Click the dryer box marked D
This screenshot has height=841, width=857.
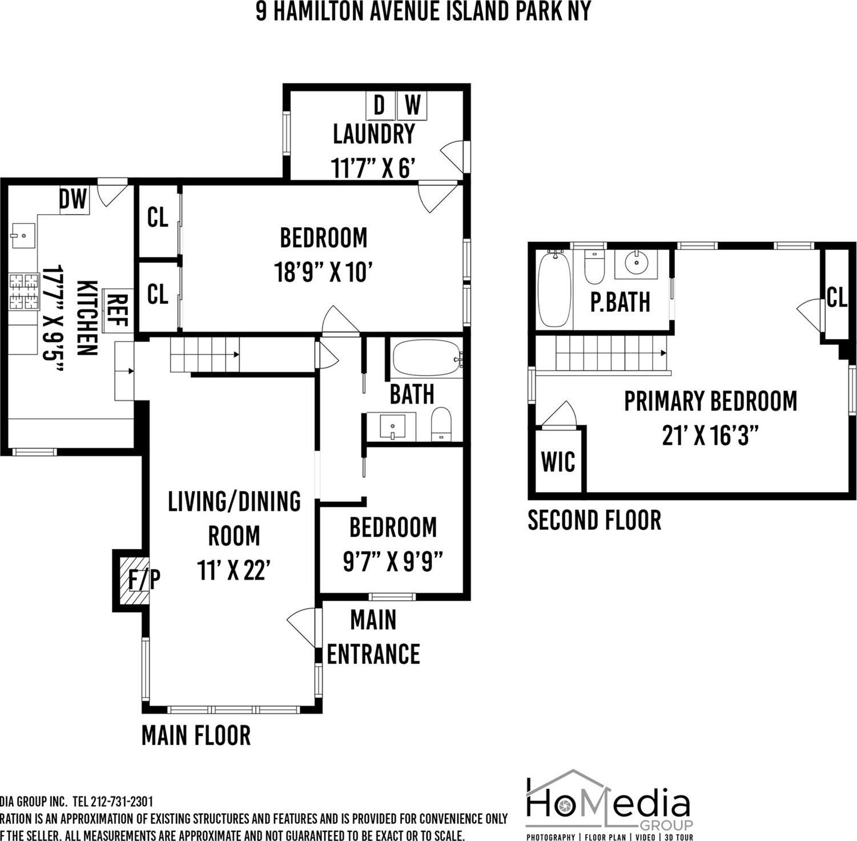pyautogui.click(x=380, y=105)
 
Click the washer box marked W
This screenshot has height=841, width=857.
pyautogui.click(x=412, y=105)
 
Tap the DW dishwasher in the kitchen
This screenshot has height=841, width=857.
pyautogui.click(x=74, y=200)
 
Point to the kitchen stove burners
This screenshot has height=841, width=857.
pyautogui.click(x=23, y=291)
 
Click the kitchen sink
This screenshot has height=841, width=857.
pyautogui.click(x=23, y=235)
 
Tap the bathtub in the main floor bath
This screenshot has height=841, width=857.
pyautogui.click(x=427, y=359)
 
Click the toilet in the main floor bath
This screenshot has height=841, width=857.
pyautogui.click(x=441, y=425)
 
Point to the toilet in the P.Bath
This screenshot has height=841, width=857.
pyautogui.click(x=594, y=267)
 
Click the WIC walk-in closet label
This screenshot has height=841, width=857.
pyautogui.click(x=558, y=461)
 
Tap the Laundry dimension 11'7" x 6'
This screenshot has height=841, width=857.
pyautogui.click(x=372, y=168)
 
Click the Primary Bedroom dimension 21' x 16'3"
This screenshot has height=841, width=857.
pyautogui.click(x=710, y=437)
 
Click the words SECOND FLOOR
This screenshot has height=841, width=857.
pyautogui.click(x=594, y=521)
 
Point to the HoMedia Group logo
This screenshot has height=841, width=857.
pyautogui.click(x=609, y=806)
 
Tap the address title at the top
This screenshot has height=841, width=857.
pyautogui.click(x=423, y=11)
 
